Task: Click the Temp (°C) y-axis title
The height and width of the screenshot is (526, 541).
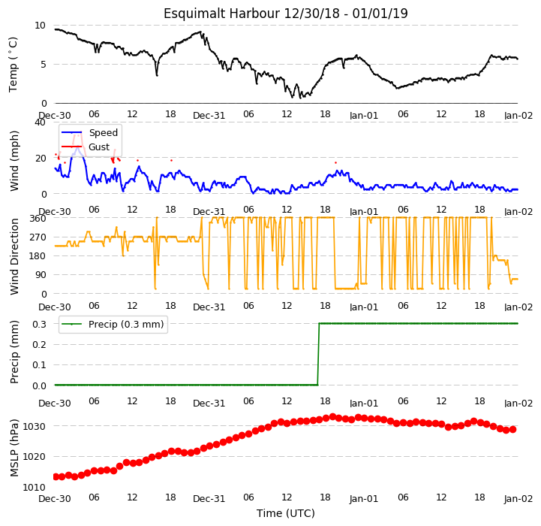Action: point(13,65)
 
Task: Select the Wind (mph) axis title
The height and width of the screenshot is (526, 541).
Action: point(14,161)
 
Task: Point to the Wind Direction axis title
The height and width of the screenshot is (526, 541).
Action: point(14,256)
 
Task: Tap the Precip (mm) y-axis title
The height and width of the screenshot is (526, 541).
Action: point(14,352)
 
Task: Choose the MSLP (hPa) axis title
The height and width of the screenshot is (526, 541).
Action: point(14,448)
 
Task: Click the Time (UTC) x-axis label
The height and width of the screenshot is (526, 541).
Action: point(286,513)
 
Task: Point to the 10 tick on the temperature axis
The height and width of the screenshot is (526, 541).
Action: point(40,26)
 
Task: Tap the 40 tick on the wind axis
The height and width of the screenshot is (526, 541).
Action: point(40,122)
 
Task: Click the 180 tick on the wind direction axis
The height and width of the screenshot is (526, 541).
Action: point(38,256)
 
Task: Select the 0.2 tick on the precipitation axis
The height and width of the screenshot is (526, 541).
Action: point(39,345)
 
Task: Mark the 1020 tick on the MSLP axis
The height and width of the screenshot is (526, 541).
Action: point(35,457)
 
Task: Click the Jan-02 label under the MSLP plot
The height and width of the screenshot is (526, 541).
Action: point(518,499)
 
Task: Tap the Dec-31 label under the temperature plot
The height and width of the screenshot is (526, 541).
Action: point(209,116)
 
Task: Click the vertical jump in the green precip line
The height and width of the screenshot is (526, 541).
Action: point(318,354)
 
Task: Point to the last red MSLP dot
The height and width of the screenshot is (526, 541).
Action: point(512,430)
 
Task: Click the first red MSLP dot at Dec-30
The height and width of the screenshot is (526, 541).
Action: point(56,477)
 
